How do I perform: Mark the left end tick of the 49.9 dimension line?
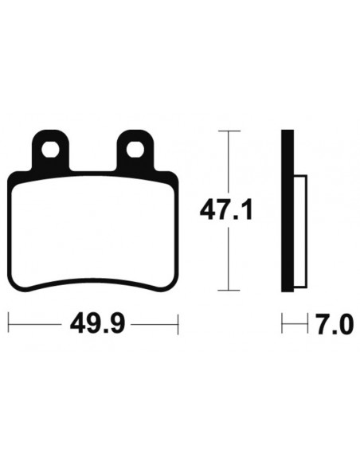[x=9, y=325]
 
